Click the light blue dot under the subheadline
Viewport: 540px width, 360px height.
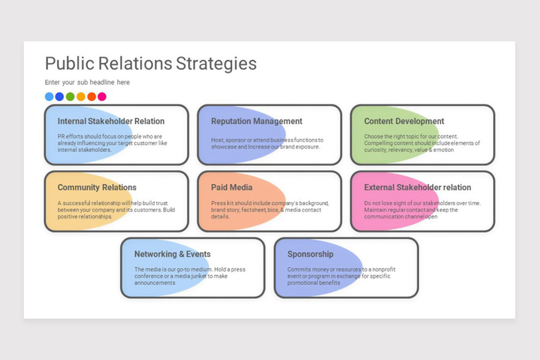49,96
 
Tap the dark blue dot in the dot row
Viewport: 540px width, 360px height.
59,96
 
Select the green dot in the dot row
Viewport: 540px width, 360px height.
70,96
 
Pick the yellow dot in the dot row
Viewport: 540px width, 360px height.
81,96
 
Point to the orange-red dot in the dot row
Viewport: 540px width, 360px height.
92,96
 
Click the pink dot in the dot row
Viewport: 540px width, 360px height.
102,96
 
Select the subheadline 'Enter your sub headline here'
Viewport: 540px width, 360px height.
87,82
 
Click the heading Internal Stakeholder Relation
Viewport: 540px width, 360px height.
111,121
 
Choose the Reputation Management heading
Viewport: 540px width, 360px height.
256,121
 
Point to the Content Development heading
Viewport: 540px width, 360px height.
404,121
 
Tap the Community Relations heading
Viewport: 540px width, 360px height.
97,187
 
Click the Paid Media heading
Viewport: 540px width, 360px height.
232,187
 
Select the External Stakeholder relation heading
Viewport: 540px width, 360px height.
418,187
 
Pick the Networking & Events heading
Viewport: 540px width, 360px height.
172,254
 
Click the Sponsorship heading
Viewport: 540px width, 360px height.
310,254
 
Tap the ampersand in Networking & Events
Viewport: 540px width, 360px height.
181,254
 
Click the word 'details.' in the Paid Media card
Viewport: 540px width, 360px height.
220,216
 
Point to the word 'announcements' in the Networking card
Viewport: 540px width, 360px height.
155,283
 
